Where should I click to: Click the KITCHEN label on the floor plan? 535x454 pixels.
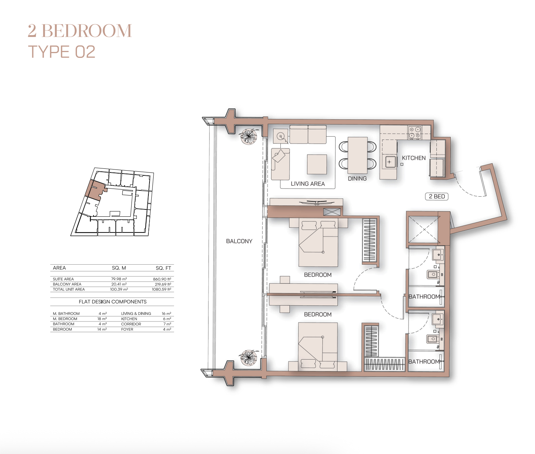click(414, 158)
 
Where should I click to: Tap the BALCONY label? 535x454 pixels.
click(239, 241)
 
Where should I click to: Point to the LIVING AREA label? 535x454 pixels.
click(308, 184)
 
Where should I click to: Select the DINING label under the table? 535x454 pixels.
click(357, 179)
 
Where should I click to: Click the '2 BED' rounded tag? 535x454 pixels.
click(437, 196)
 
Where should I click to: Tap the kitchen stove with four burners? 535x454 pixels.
click(415, 133)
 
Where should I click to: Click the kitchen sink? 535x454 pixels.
click(390, 162)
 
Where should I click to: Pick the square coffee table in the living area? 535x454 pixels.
click(317, 164)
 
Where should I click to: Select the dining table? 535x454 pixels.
click(357, 155)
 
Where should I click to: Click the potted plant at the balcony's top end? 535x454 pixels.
click(249, 136)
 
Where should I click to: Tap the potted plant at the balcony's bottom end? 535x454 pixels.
click(249, 358)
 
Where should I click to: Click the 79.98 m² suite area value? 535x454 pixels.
click(119, 279)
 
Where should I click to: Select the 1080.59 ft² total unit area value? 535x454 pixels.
click(162, 289)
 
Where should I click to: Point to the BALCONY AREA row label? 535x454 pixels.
click(67, 284)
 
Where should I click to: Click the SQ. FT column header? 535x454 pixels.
click(163, 268)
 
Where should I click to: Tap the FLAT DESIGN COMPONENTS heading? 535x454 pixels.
click(112, 302)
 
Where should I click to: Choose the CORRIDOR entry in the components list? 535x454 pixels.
click(131, 324)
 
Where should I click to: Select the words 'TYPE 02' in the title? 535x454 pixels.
click(62, 52)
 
